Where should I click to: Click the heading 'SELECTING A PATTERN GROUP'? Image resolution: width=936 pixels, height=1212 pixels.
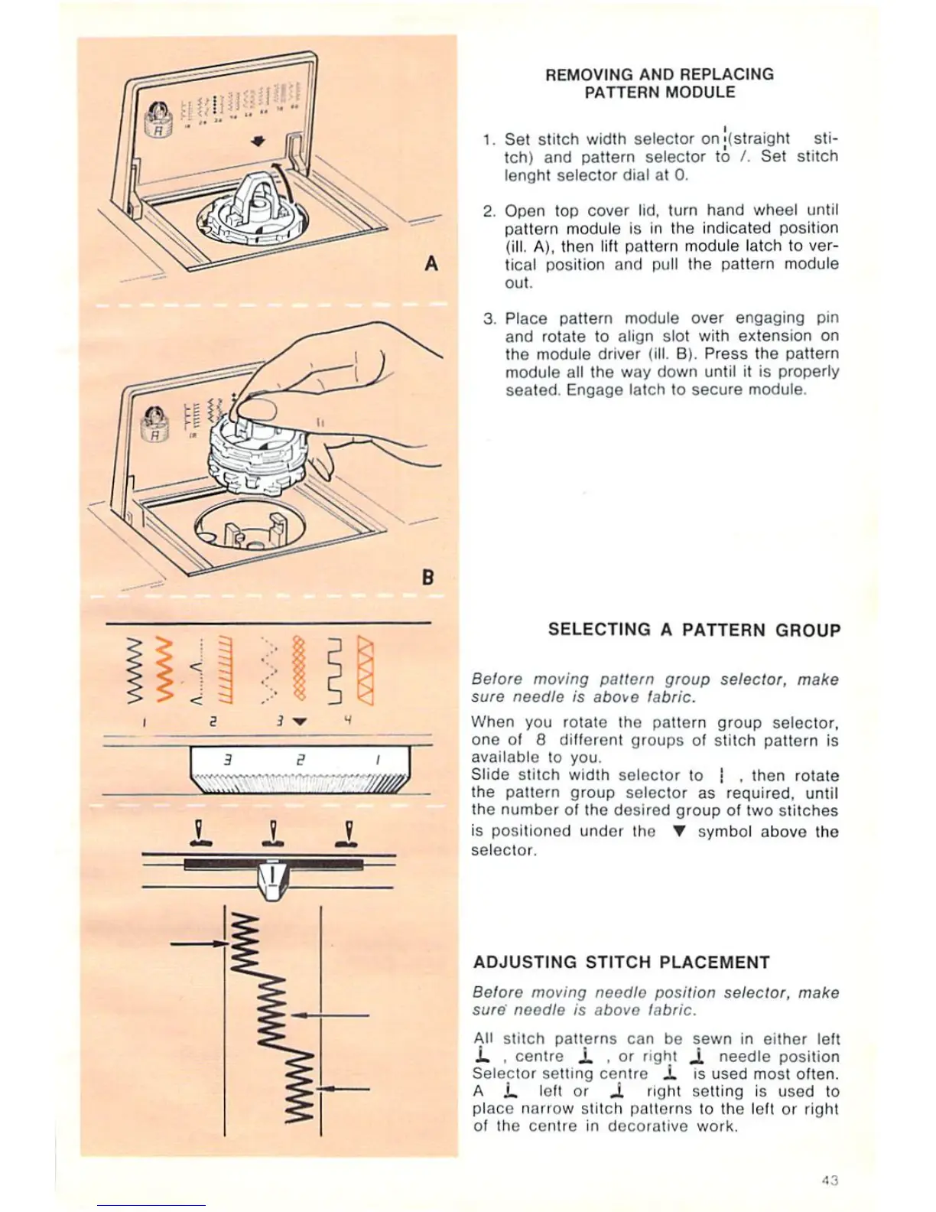pyautogui.click(x=694, y=630)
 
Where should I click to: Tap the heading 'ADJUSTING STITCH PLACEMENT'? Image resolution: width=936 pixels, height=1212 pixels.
pyautogui.click(x=621, y=962)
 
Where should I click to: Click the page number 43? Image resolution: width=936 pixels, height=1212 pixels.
pyautogui.click(x=830, y=1180)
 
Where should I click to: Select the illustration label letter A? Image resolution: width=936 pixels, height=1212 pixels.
pyautogui.click(x=431, y=263)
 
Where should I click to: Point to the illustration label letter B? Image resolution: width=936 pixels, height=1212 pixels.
pyautogui.click(x=428, y=577)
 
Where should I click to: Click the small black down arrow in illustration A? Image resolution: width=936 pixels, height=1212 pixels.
pyautogui.click(x=258, y=141)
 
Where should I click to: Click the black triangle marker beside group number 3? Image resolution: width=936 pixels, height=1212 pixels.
pyautogui.click(x=300, y=721)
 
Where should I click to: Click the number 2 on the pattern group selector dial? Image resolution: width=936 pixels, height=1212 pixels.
pyautogui.click(x=301, y=761)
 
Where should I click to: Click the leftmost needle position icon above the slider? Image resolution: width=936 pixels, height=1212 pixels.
pyautogui.click(x=200, y=833)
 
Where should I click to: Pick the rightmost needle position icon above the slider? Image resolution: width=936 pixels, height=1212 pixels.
pyautogui.click(x=348, y=833)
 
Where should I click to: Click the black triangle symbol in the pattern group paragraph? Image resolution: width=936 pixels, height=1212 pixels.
pyautogui.click(x=676, y=832)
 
